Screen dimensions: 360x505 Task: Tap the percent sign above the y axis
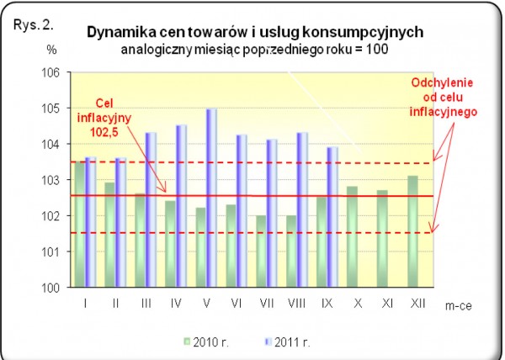(x=52, y=50)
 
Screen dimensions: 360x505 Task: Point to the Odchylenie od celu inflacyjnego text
(x=444, y=98)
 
